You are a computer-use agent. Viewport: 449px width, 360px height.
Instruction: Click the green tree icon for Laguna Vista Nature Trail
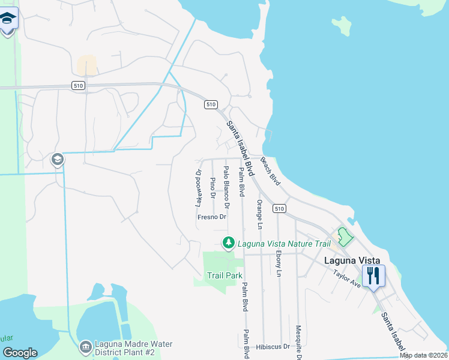click(x=228, y=243)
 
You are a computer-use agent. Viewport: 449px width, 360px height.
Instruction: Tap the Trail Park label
click(x=225, y=275)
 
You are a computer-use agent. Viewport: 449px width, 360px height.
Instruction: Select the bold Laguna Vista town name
click(x=352, y=260)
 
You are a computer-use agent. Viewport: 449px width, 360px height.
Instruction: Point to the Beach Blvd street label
click(x=271, y=170)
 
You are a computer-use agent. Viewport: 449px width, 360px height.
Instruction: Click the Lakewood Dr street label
click(x=198, y=187)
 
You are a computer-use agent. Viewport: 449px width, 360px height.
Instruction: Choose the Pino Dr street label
click(x=212, y=187)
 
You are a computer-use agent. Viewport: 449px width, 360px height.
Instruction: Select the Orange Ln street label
click(x=259, y=214)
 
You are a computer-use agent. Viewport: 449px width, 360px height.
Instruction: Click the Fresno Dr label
click(x=211, y=217)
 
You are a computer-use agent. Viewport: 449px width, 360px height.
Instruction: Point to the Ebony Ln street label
click(x=278, y=262)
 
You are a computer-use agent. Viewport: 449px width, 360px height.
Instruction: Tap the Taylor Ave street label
click(x=347, y=278)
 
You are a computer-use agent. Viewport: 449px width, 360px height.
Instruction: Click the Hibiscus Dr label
click(x=273, y=347)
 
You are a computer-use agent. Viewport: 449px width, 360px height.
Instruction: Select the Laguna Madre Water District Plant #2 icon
click(x=85, y=347)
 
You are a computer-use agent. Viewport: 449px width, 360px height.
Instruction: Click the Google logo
click(x=20, y=353)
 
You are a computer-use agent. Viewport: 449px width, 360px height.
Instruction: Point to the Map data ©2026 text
click(x=423, y=356)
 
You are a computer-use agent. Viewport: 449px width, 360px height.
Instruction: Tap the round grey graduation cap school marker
click(x=57, y=160)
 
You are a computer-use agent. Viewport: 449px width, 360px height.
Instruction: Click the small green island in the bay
click(x=341, y=25)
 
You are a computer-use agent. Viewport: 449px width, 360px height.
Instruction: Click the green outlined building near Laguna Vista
click(x=344, y=236)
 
